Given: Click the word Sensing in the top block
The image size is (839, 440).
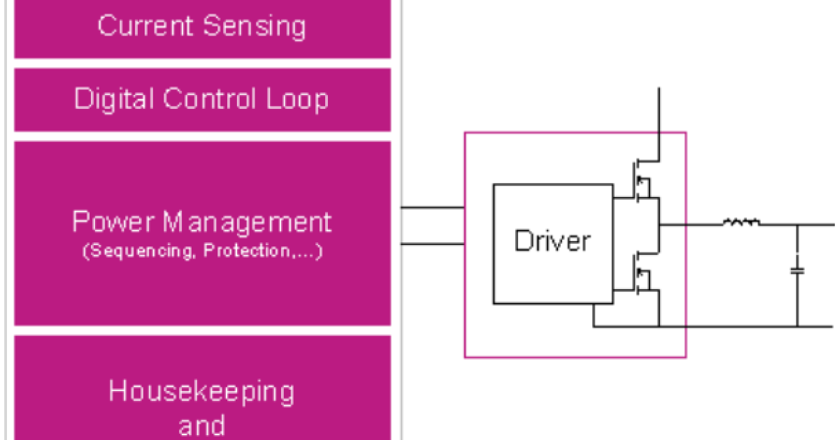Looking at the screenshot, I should [x=255, y=27].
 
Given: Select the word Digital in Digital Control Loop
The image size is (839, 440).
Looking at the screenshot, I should [x=114, y=98].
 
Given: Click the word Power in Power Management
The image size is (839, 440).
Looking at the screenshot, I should [x=113, y=222].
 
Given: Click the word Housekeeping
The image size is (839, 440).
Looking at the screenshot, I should [x=201, y=392].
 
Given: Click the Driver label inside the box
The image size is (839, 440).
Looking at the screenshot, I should [x=552, y=241].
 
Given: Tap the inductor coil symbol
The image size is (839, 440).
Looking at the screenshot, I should [x=741, y=223].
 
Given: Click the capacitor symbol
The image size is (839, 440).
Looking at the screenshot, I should [x=796, y=270].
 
